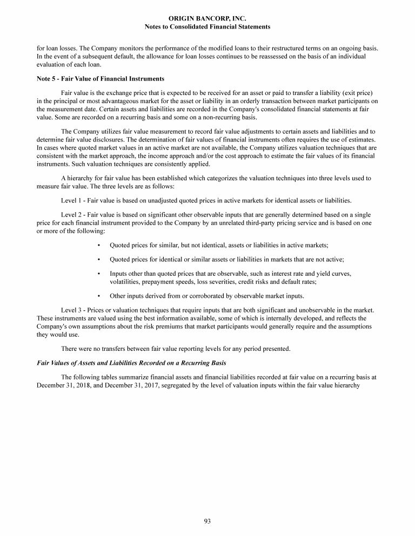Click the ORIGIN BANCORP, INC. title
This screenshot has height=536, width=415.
coord(207,18)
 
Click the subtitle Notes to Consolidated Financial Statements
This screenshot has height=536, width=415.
coord(207,26)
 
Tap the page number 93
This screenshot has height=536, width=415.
coord(207,520)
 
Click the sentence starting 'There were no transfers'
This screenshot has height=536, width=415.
coord(176,348)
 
